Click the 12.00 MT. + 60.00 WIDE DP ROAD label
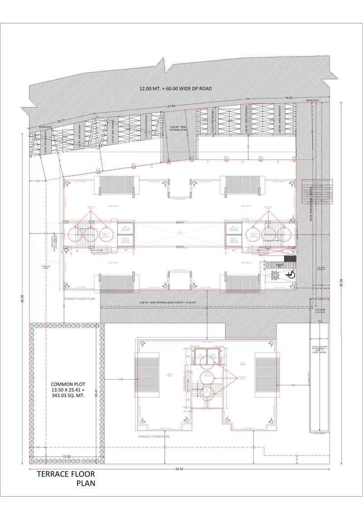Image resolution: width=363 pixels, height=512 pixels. (x=176, y=89)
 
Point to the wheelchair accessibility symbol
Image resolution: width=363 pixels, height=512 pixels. (x=289, y=274)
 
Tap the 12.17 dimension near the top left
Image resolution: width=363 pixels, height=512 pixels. (x=61, y=121)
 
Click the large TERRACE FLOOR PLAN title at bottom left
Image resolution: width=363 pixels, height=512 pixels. (x=66, y=479)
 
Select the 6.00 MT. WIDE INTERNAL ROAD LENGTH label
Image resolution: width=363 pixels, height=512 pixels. (x=168, y=302)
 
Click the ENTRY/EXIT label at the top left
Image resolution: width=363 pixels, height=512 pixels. (x=45, y=127)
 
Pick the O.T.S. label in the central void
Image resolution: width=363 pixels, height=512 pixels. (x=181, y=234)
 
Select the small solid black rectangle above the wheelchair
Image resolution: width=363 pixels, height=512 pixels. (x=293, y=258)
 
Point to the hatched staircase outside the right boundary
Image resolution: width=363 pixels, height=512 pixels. (x=317, y=192)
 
